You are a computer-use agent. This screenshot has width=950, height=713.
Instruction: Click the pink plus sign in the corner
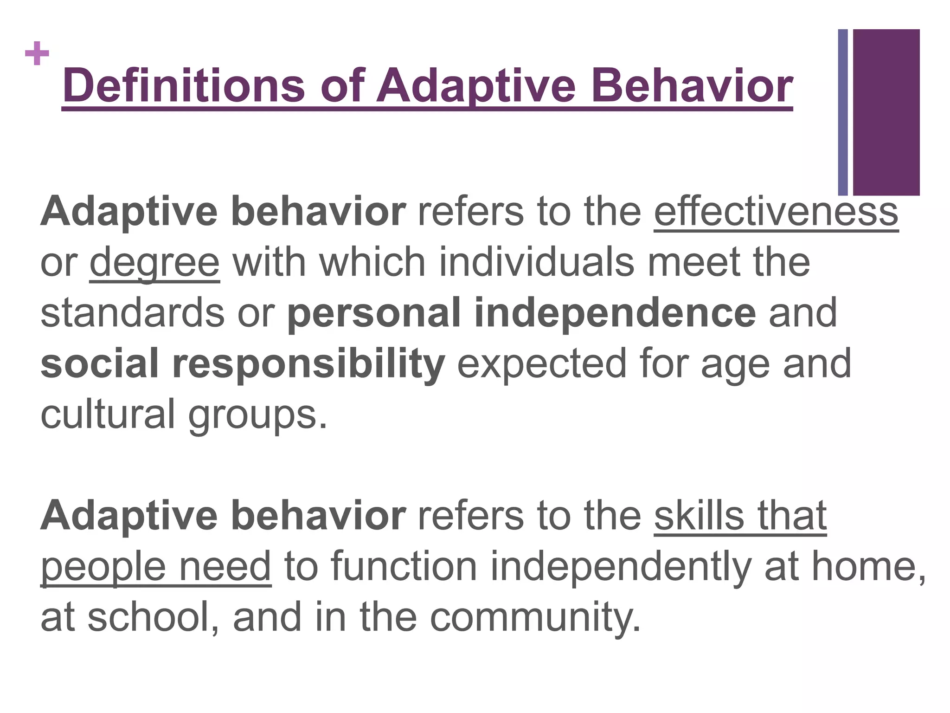(x=37, y=53)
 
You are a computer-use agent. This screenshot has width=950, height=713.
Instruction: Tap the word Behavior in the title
(x=692, y=86)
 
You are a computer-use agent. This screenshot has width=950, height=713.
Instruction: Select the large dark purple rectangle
(x=886, y=112)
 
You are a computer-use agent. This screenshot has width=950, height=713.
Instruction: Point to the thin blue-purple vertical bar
(x=843, y=112)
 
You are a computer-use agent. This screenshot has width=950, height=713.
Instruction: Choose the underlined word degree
(x=154, y=263)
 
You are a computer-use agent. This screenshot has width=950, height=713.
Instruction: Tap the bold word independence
(x=615, y=313)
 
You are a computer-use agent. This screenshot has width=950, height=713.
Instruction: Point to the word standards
(x=133, y=313)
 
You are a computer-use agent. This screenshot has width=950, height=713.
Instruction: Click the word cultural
(x=108, y=415)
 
